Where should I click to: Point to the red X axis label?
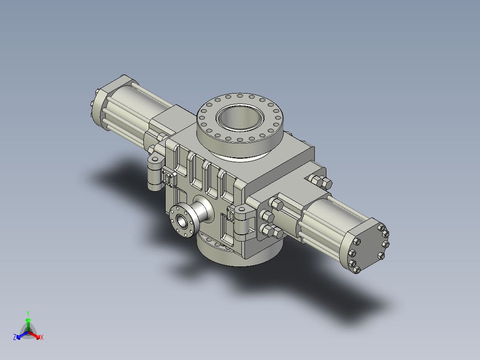[42, 338]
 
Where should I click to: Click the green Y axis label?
[28, 313]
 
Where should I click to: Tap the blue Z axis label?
[15, 337]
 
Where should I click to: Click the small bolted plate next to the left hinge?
[169, 178]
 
